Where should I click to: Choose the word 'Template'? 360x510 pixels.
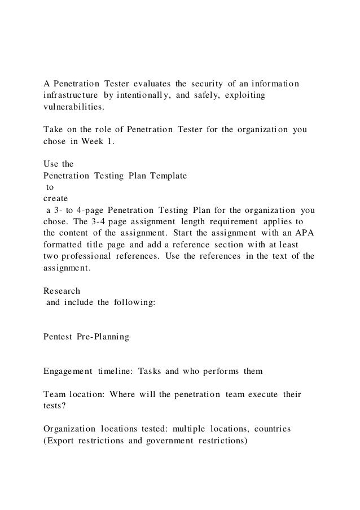(x=168, y=176)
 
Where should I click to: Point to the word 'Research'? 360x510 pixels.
(x=62, y=291)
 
